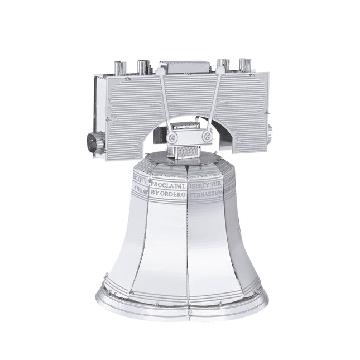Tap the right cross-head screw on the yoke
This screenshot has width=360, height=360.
(x=207, y=135)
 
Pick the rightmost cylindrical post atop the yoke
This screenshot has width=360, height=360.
(x=244, y=65)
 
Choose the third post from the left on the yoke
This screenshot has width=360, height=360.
(x=223, y=66)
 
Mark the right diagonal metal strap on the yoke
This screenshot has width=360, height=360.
(x=214, y=100)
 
